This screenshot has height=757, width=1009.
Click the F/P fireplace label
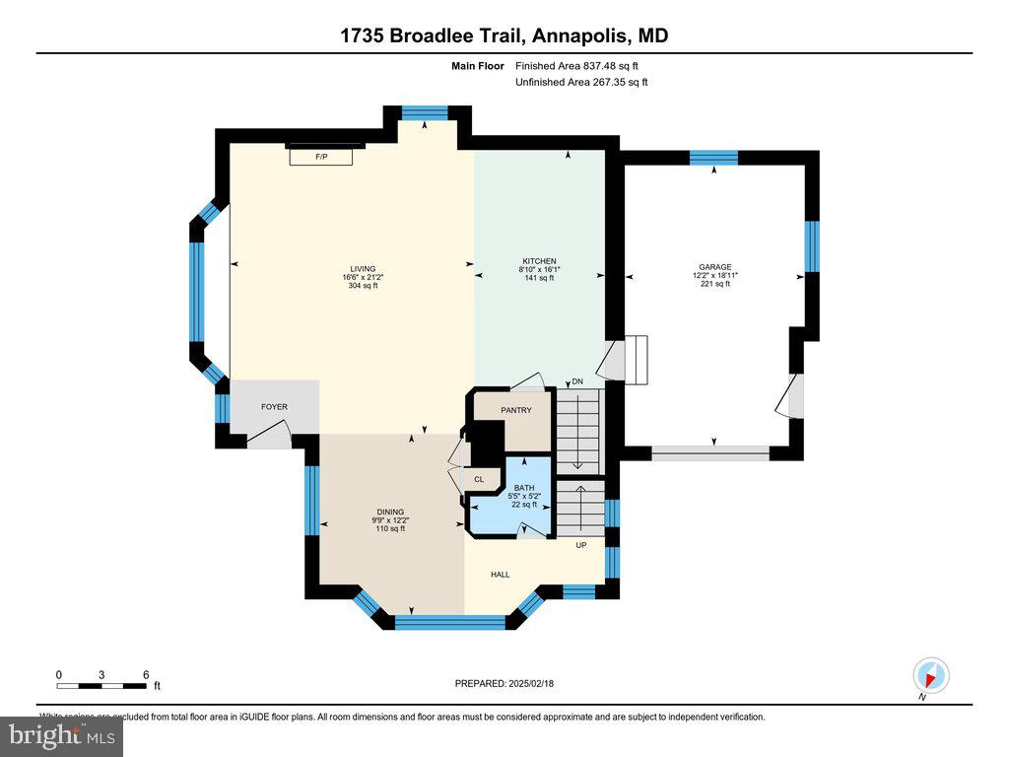tap(320, 157)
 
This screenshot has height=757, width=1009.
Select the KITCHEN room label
tap(539, 260)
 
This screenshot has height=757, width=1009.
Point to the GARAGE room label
tap(715, 266)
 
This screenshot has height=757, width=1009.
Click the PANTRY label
tap(515, 411)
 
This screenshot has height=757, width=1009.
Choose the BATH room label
tap(524, 487)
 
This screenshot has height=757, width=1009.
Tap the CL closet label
tap(479, 480)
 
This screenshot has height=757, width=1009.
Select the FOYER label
tap(274, 406)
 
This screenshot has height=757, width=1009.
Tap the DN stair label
tap(577, 381)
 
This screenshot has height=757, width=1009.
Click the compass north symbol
tap(930, 675)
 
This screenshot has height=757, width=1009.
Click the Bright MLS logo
tap(61, 735)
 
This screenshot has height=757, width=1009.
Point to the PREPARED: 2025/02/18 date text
tap(510, 683)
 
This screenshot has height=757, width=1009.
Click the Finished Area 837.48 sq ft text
tap(580, 66)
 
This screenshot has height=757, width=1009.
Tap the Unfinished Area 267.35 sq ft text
tap(581, 83)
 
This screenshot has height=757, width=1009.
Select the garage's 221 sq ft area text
tap(715, 284)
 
